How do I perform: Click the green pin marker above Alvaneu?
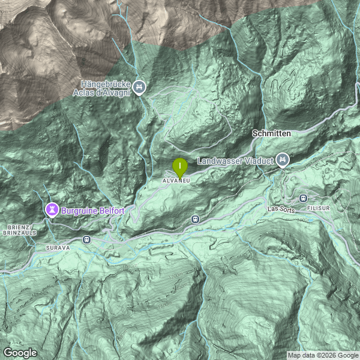coord(179,166)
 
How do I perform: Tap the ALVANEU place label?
coord(176,180)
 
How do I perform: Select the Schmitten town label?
coord(272,133)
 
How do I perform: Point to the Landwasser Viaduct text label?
coord(235,161)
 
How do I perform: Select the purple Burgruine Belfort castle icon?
coord(52,210)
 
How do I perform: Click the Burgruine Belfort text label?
coord(93,211)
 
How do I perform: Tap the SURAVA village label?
coord(58,247)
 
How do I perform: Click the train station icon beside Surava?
coord(86,240)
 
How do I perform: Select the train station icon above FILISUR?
coord(304,198)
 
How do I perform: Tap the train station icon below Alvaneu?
coord(195,220)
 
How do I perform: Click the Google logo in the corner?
coord(20,352)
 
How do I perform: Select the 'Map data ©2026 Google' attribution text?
coord(323,355)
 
